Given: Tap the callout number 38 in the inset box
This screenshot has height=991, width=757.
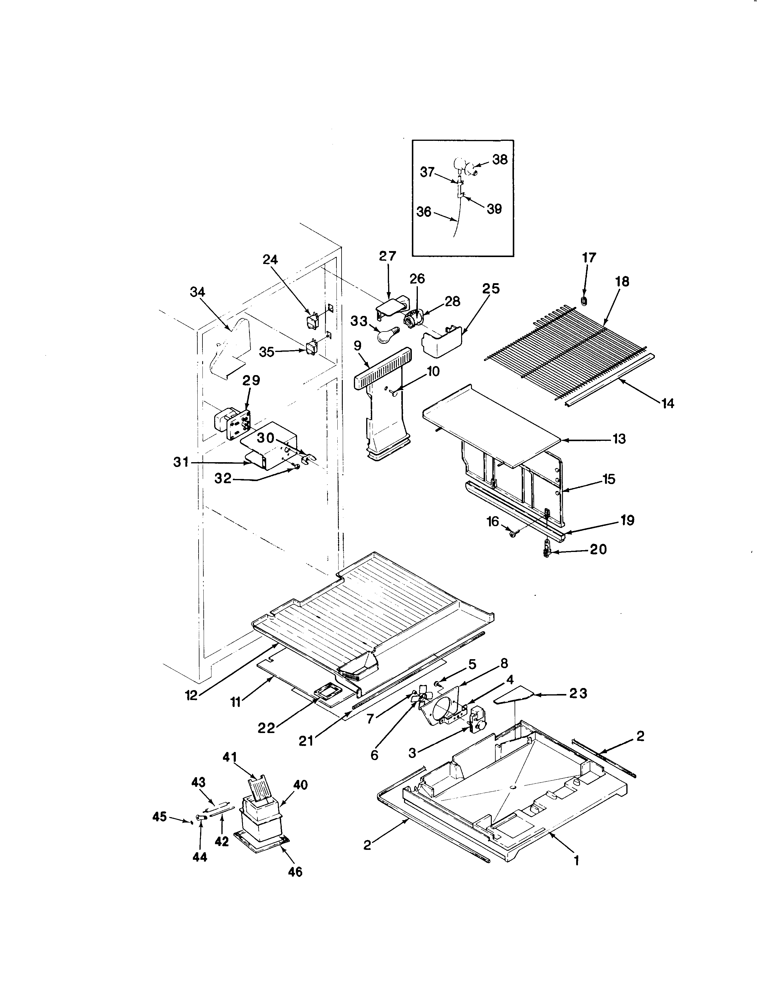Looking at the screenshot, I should click(500, 159).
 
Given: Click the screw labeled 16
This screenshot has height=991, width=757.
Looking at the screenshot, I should click(513, 534).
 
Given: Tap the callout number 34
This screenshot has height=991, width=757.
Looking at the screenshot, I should click(197, 292).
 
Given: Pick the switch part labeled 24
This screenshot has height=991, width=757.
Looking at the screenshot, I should click(311, 322).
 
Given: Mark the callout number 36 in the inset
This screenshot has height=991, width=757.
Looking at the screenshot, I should click(424, 212).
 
